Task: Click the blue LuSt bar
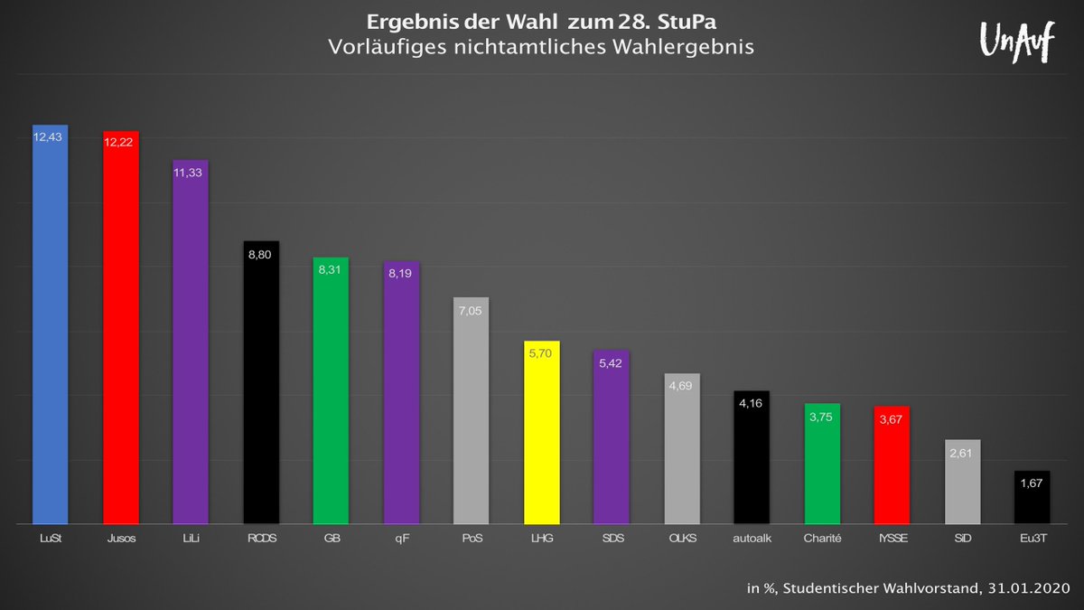pyautogui.click(x=50, y=325)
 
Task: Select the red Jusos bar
pyautogui.click(x=120, y=330)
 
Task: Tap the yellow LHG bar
pyautogui.click(x=542, y=434)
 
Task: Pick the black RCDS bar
pyautogui.click(x=261, y=384)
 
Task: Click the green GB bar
pyautogui.click(x=331, y=393)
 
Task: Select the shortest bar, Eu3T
pyautogui.click(x=1032, y=499)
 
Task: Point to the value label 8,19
pyautogui.click(x=401, y=275)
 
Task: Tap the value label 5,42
pyautogui.click(x=612, y=363)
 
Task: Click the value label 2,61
pyautogui.click(x=962, y=453)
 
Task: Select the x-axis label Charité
pyautogui.click(x=822, y=539)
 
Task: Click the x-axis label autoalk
pyautogui.click(x=752, y=539)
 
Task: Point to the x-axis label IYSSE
pyautogui.click(x=892, y=539)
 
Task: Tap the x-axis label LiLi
pyautogui.click(x=191, y=539)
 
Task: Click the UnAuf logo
pyautogui.click(x=1016, y=42)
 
